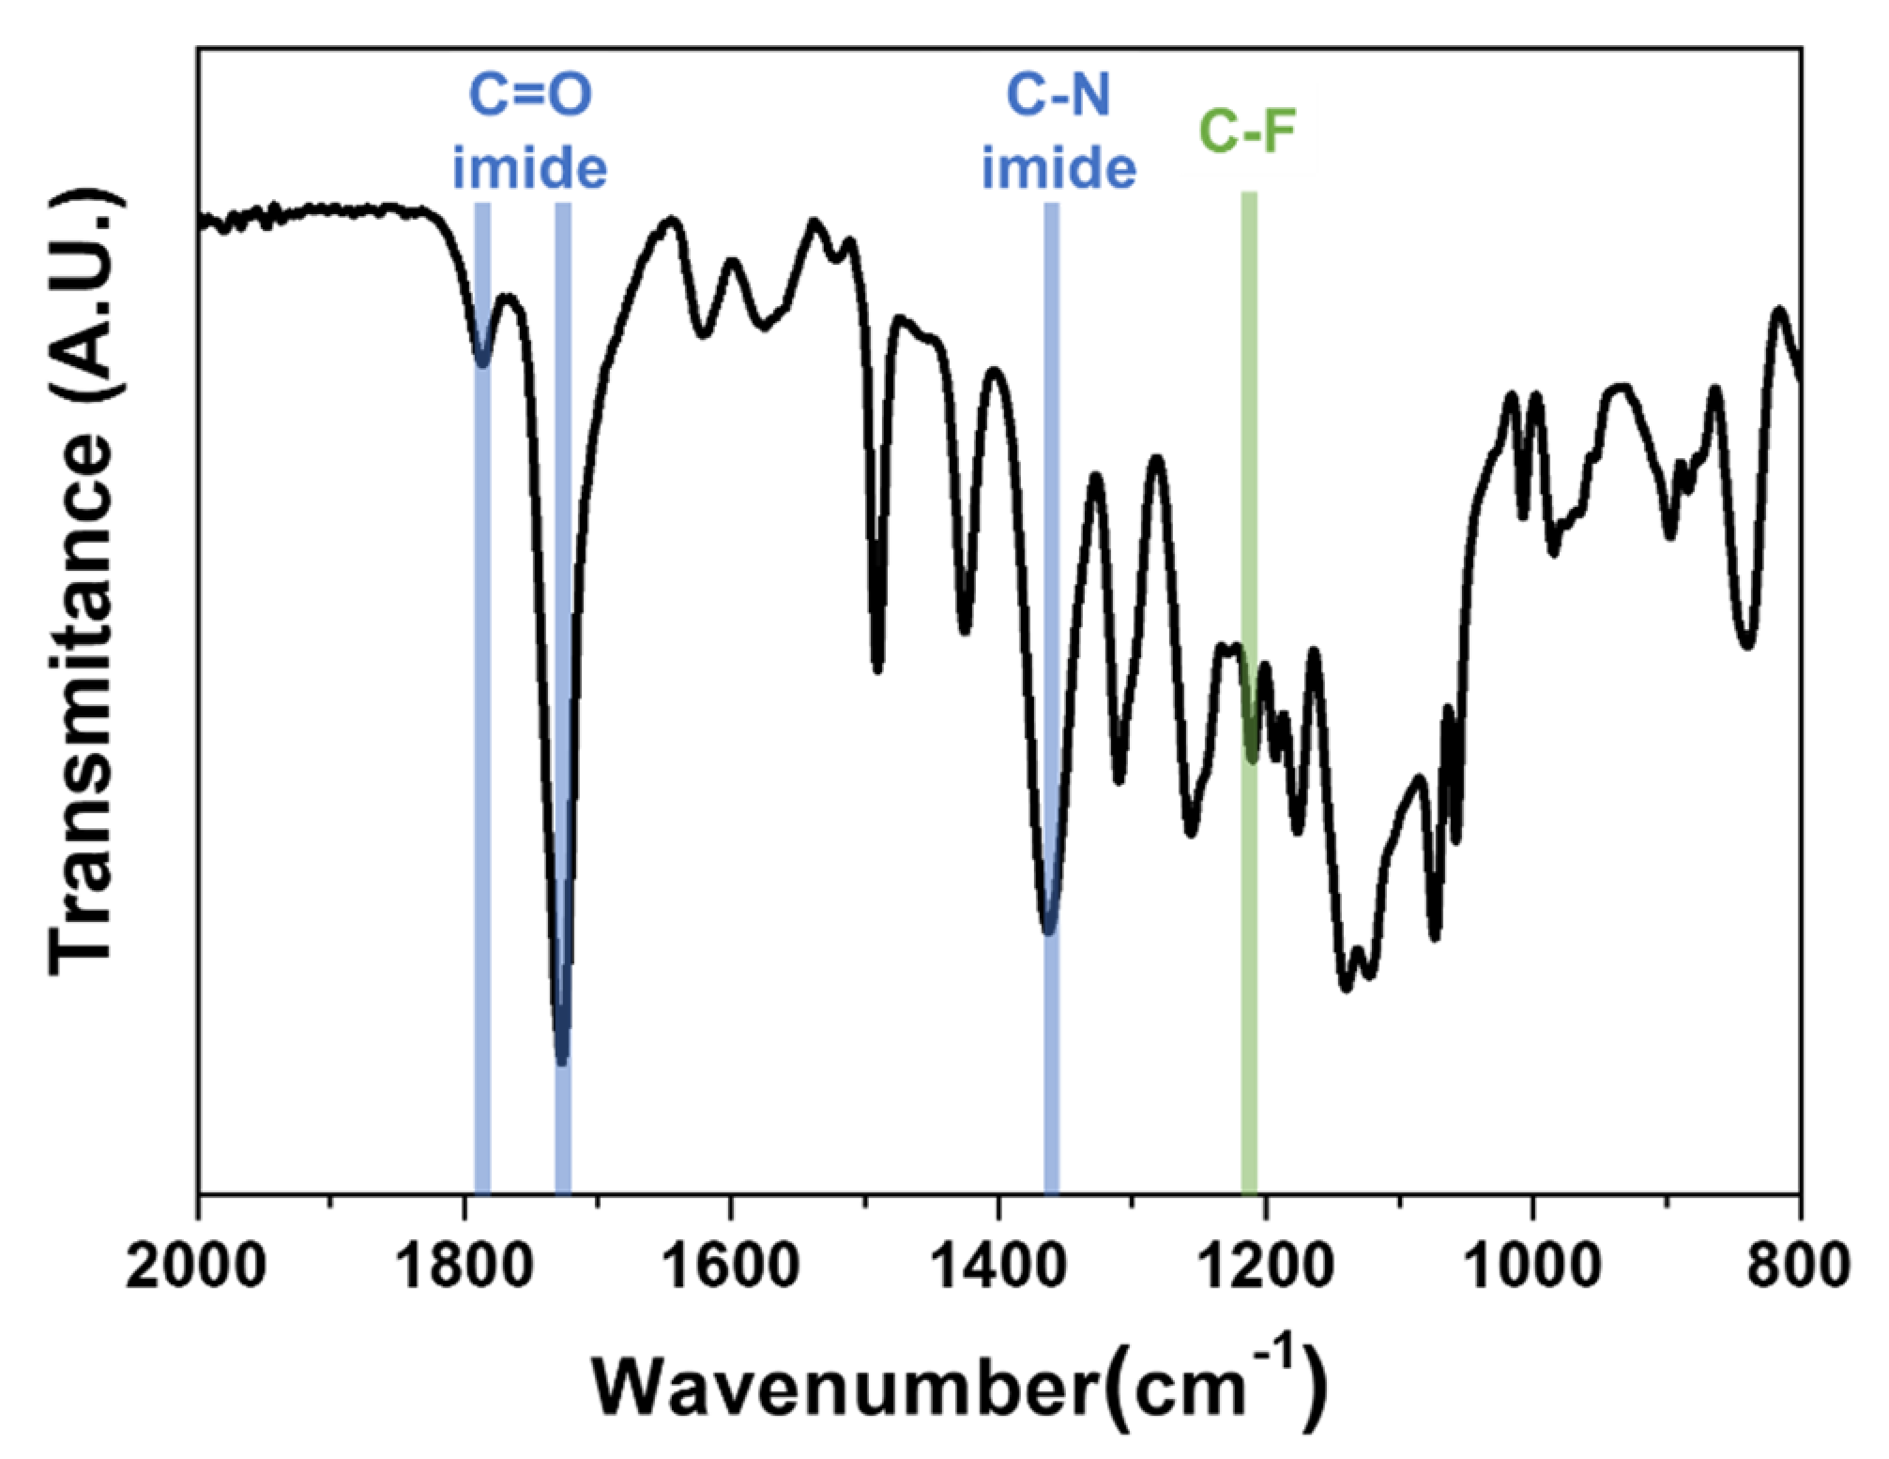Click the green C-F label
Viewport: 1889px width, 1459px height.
1248,134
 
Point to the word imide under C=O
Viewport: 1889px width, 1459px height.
530,169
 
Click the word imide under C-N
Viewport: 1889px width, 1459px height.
1059,169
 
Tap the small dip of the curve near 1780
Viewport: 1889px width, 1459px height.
482,364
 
